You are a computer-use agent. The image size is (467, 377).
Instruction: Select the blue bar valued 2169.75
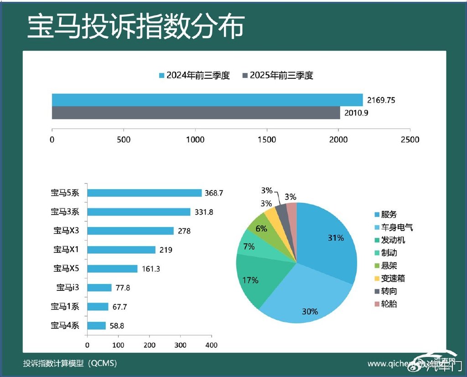tap(207, 100)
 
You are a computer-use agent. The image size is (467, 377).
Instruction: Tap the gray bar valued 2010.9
tap(196, 113)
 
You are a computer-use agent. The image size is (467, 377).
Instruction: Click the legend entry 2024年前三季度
tap(194, 75)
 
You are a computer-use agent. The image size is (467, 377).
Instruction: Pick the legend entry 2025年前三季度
tap(278, 75)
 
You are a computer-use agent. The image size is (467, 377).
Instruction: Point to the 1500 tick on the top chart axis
tap(267, 139)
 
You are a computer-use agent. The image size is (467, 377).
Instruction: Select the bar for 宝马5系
tap(144, 193)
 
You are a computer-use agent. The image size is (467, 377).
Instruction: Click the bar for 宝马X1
tap(121, 250)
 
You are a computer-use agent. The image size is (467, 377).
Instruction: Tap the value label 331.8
tap(204, 212)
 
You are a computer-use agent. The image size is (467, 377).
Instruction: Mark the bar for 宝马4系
tap(96, 325)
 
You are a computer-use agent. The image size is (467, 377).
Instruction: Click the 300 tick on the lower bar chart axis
tap(180, 345)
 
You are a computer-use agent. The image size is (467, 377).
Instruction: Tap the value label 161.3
tap(151, 269)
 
